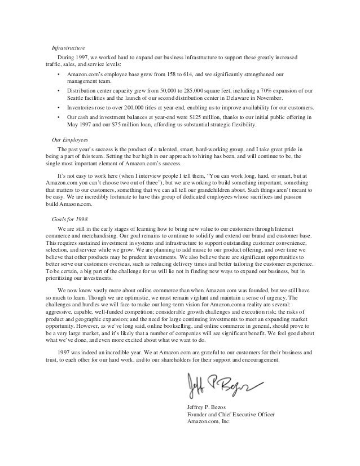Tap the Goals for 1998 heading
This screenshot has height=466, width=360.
(x=70, y=218)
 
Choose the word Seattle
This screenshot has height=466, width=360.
(x=77, y=98)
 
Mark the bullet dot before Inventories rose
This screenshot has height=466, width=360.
(x=59, y=107)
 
